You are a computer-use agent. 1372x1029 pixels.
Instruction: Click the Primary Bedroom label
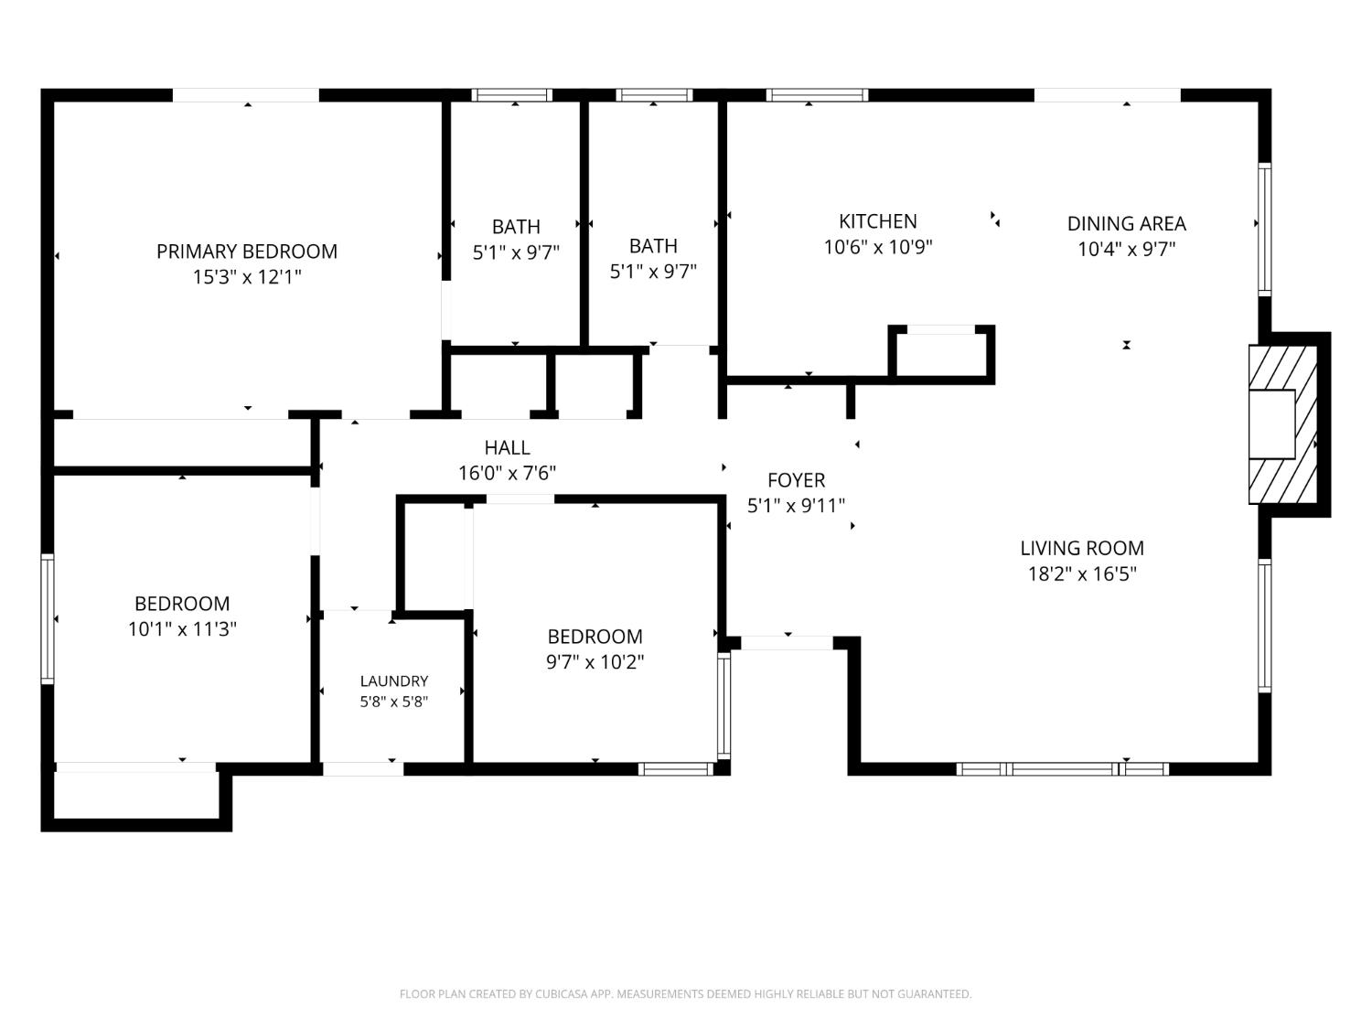(x=247, y=252)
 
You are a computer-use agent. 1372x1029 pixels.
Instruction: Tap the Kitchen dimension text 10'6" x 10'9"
(x=877, y=247)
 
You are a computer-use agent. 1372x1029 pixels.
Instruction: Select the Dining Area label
(x=1126, y=224)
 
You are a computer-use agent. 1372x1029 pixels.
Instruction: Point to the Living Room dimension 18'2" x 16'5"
(x=1082, y=573)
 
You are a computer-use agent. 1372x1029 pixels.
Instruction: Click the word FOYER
(x=797, y=480)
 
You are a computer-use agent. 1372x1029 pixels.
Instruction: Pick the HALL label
(x=507, y=447)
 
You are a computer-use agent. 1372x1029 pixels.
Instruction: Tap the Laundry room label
(x=394, y=681)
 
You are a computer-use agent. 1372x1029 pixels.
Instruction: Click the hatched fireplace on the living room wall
(x=1283, y=424)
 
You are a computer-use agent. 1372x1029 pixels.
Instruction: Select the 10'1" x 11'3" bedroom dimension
(x=182, y=628)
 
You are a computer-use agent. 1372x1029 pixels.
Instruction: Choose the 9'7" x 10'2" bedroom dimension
(x=595, y=661)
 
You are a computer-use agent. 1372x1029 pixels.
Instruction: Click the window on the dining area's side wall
(x=1264, y=230)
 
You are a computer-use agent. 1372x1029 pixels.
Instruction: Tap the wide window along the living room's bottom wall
(x=1063, y=768)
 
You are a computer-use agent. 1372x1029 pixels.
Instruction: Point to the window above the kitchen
(x=817, y=95)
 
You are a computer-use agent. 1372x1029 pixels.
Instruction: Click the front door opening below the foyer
(x=787, y=642)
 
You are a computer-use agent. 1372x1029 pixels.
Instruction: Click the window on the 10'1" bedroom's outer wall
(x=48, y=618)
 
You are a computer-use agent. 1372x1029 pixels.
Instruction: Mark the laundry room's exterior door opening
(x=363, y=768)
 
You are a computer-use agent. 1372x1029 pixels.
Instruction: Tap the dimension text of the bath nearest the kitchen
(x=653, y=272)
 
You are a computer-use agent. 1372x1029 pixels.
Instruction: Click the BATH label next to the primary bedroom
(x=516, y=226)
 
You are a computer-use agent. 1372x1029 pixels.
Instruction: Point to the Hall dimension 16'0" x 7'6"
(x=507, y=473)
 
